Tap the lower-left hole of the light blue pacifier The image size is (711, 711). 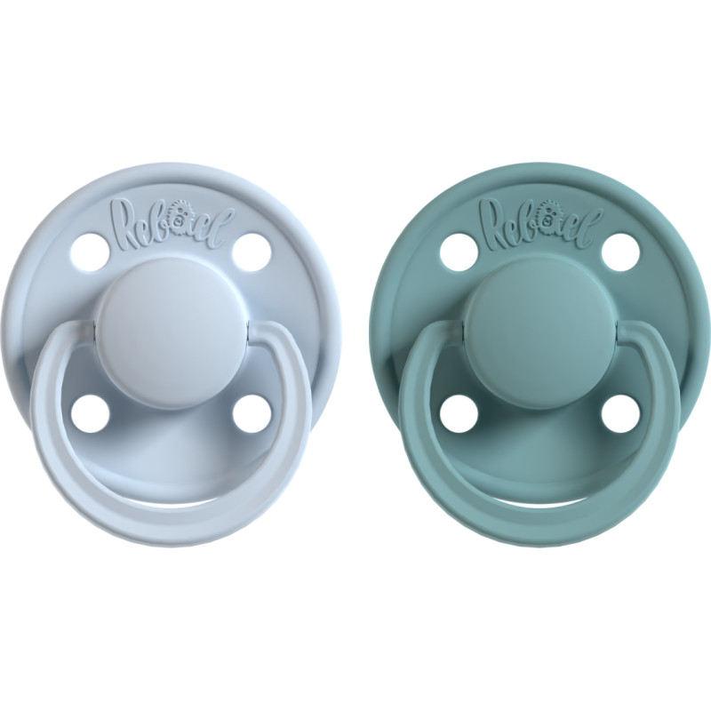(x=89, y=411)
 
